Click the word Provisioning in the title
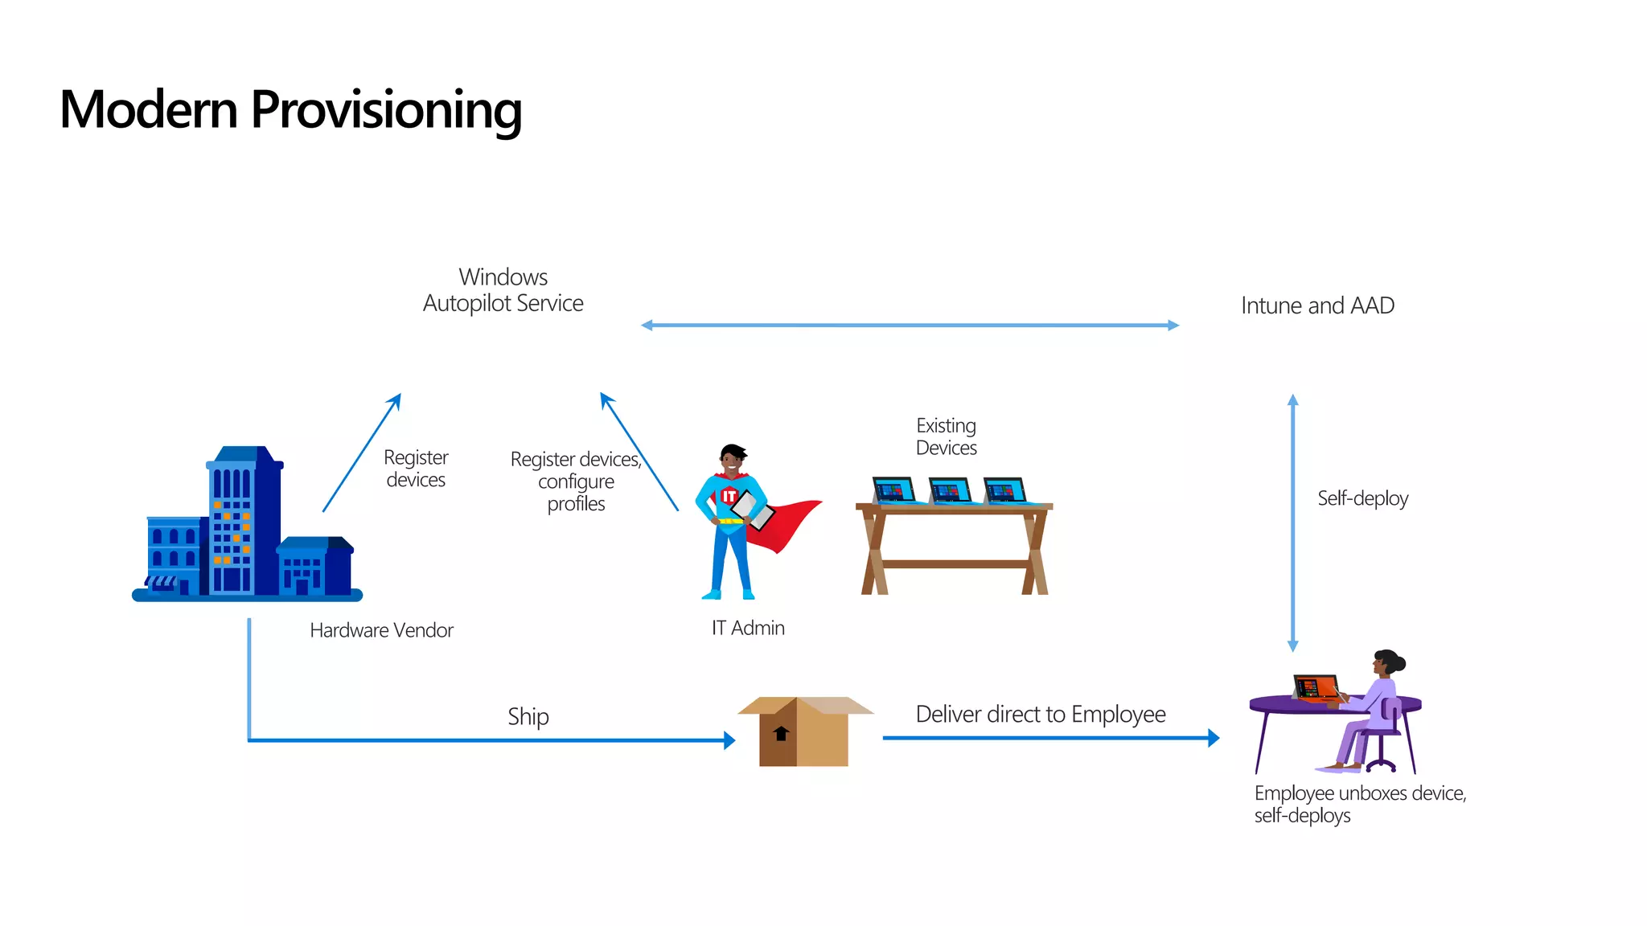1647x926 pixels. [x=386, y=109]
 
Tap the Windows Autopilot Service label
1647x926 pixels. [x=503, y=290]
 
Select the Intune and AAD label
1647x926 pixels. [x=1317, y=305]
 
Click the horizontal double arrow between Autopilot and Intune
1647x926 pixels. [x=909, y=326]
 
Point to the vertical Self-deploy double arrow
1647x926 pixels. [x=1292, y=522]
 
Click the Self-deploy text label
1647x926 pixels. [x=1362, y=498]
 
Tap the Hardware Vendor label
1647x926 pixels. [x=381, y=630]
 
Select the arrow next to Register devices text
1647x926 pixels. [x=362, y=452]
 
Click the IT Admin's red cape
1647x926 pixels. [x=784, y=522]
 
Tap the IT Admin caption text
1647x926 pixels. [x=748, y=628]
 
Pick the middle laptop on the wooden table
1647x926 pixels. [x=950, y=490]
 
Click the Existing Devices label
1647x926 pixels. [x=947, y=436]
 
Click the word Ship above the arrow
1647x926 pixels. [x=528, y=716]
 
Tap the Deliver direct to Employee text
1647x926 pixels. [x=1041, y=714]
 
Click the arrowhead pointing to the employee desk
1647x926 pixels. [x=1213, y=738]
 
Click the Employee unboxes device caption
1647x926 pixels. [x=1359, y=804]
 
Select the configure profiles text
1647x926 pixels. [x=576, y=492]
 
